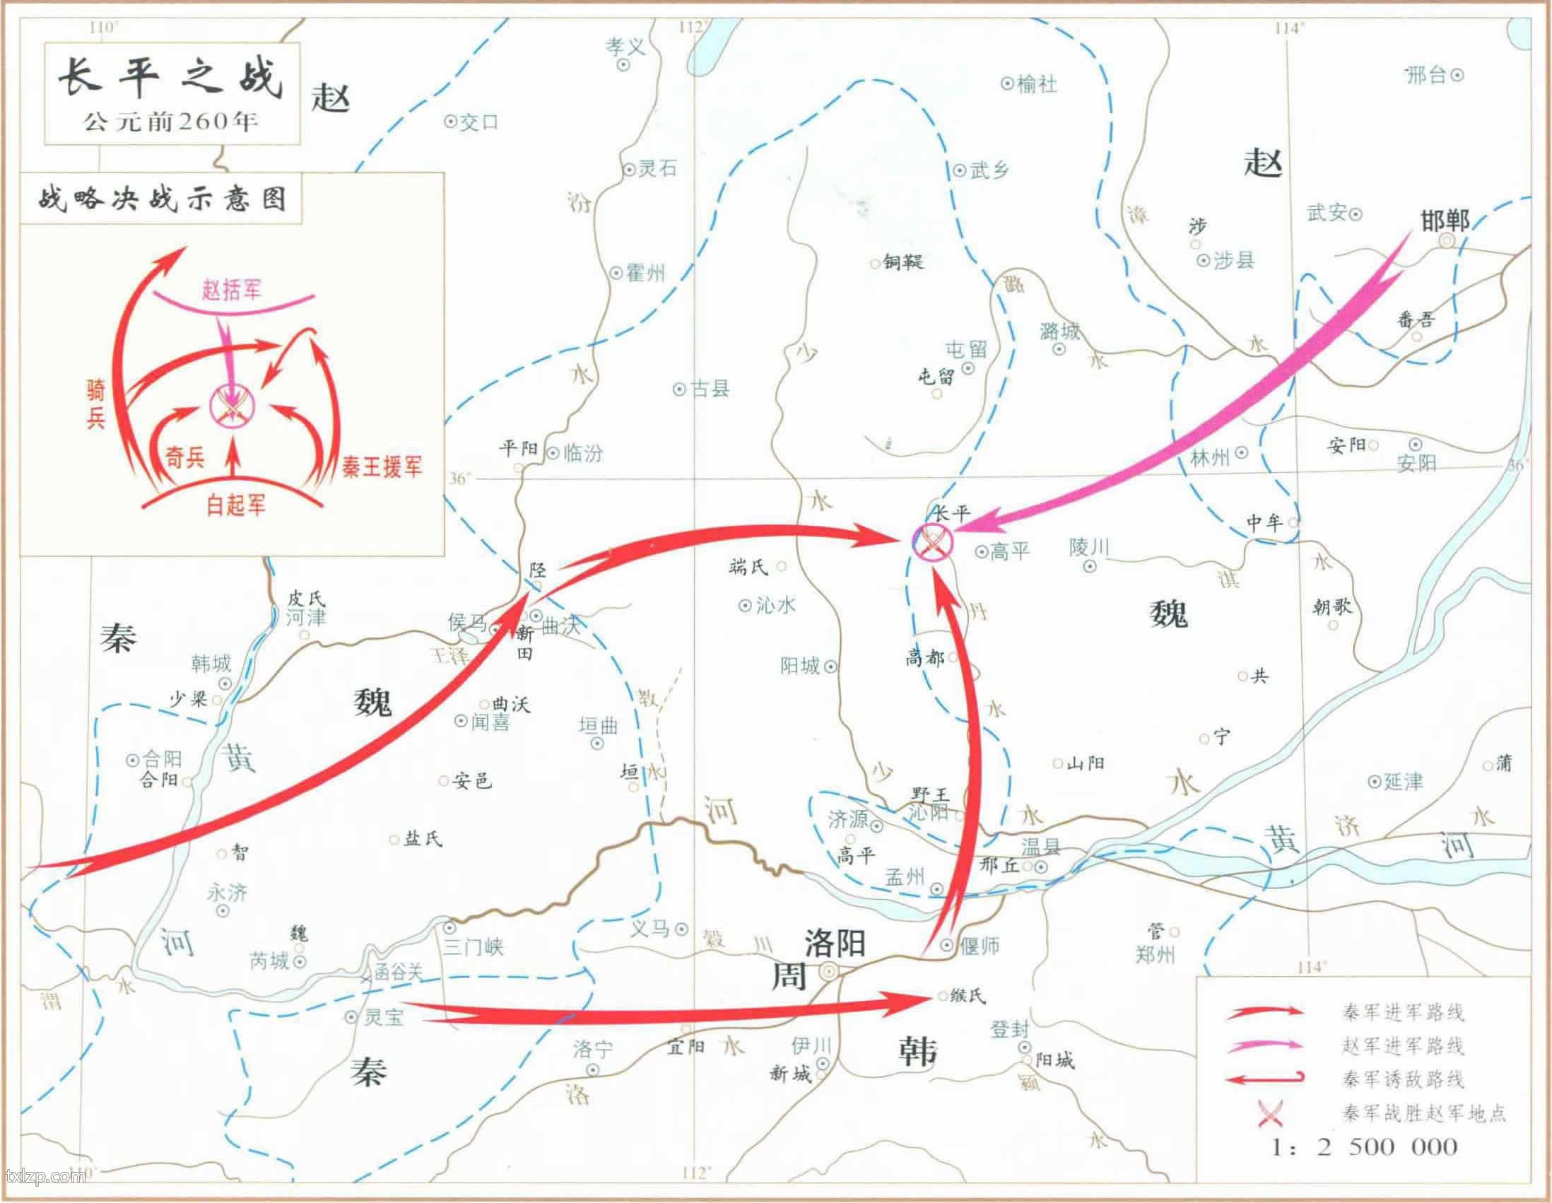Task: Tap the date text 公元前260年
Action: pyautogui.click(x=170, y=122)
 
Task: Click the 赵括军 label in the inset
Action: pyautogui.click(x=232, y=290)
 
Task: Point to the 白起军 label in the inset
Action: pyautogui.click(x=236, y=505)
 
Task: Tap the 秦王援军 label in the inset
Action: pyautogui.click(x=382, y=466)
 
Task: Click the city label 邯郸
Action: pyautogui.click(x=1445, y=221)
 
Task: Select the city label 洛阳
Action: pyautogui.click(x=835, y=943)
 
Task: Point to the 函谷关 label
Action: pyautogui.click(x=399, y=972)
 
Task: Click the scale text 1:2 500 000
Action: pyautogui.click(x=1364, y=1147)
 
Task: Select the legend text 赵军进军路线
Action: pyautogui.click(x=1403, y=1045)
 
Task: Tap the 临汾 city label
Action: pyautogui.click(x=583, y=452)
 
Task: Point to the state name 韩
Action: pyautogui.click(x=917, y=1051)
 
